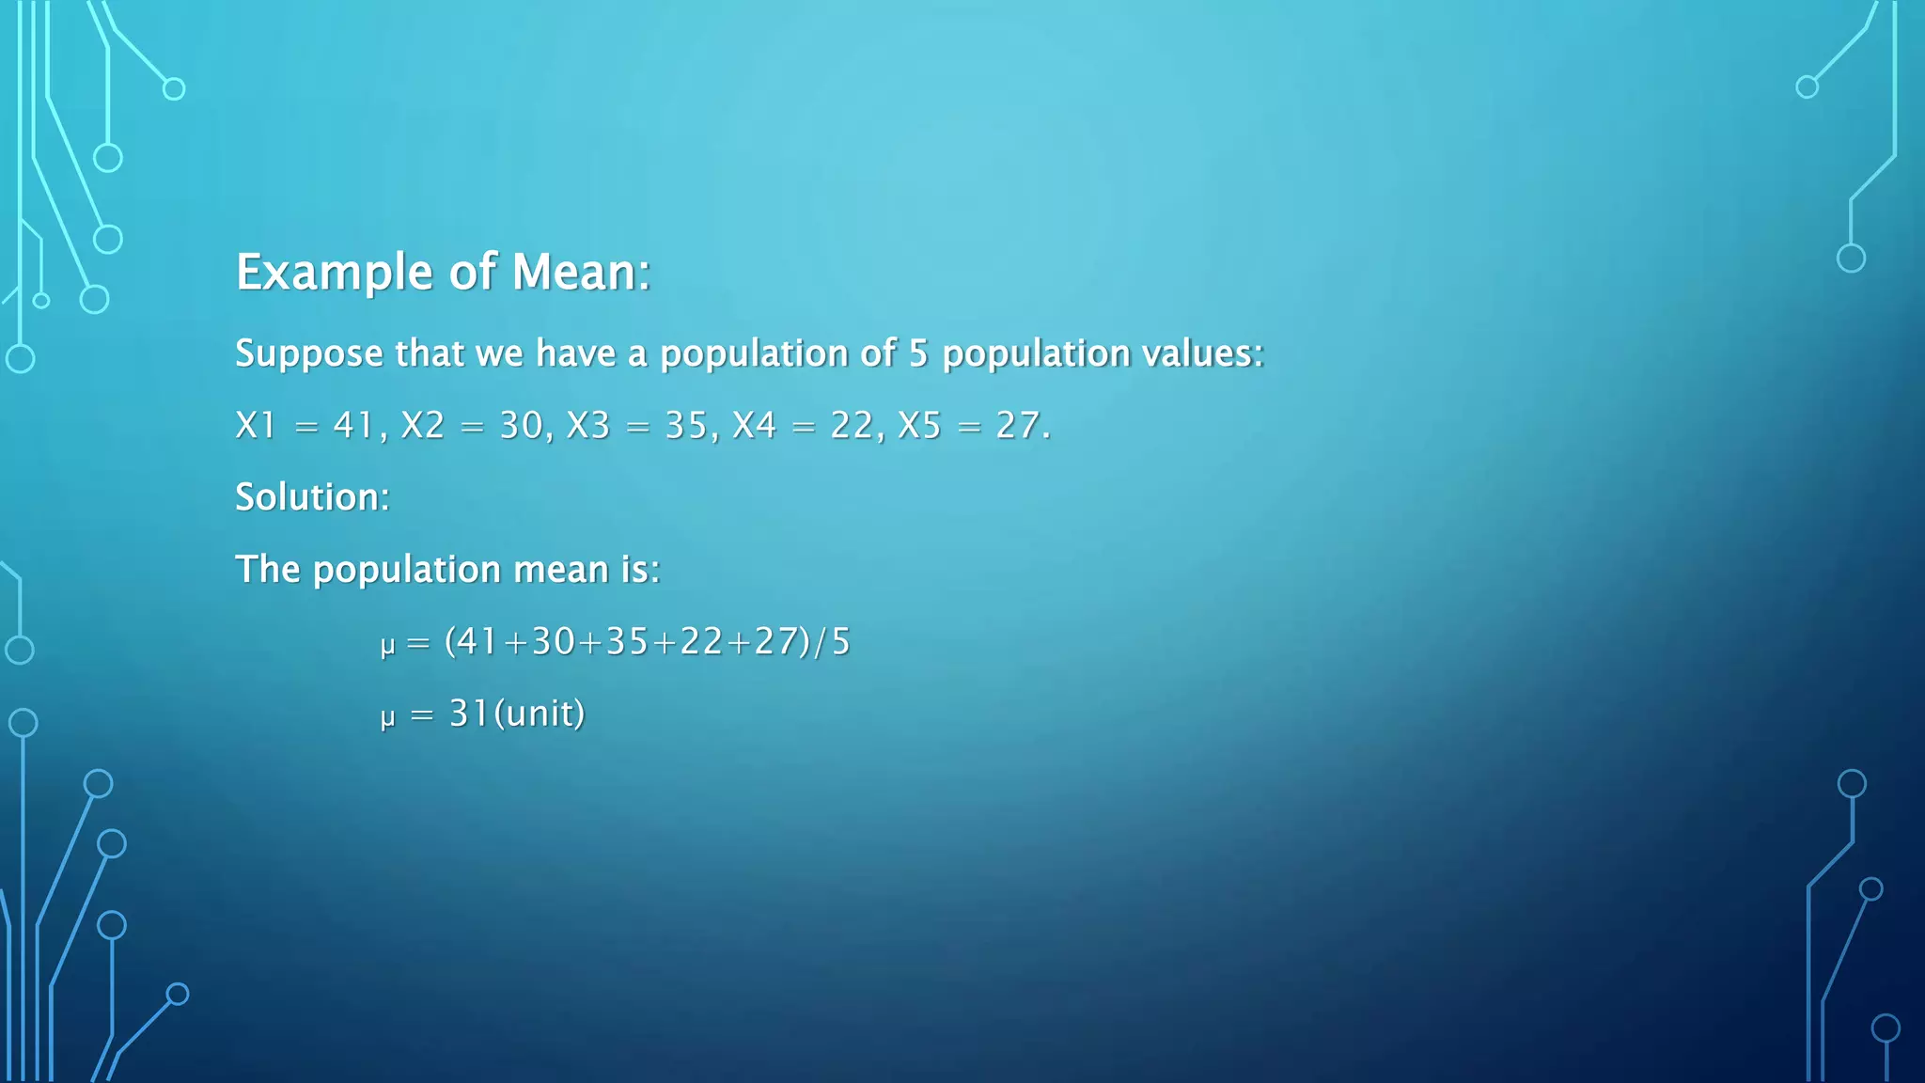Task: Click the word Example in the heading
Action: click(334, 273)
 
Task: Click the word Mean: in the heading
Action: click(580, 273)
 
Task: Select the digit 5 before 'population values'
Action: click(917, 353)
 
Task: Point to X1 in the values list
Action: click(255, 426)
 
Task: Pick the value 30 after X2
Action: click(521, 426)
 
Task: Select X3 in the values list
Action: click(587, 426)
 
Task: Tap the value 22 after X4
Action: click(852, 426)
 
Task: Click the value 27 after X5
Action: click(1018, 426)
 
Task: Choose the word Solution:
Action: click(312, 497)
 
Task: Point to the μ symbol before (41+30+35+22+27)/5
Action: click(387, 646)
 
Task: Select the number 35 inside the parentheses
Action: click(627, 642)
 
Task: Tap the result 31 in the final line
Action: click(469, 714)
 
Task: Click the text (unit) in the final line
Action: click(540, 714)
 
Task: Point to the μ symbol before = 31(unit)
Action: click(387, 718)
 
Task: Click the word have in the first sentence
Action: click(575, 353)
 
